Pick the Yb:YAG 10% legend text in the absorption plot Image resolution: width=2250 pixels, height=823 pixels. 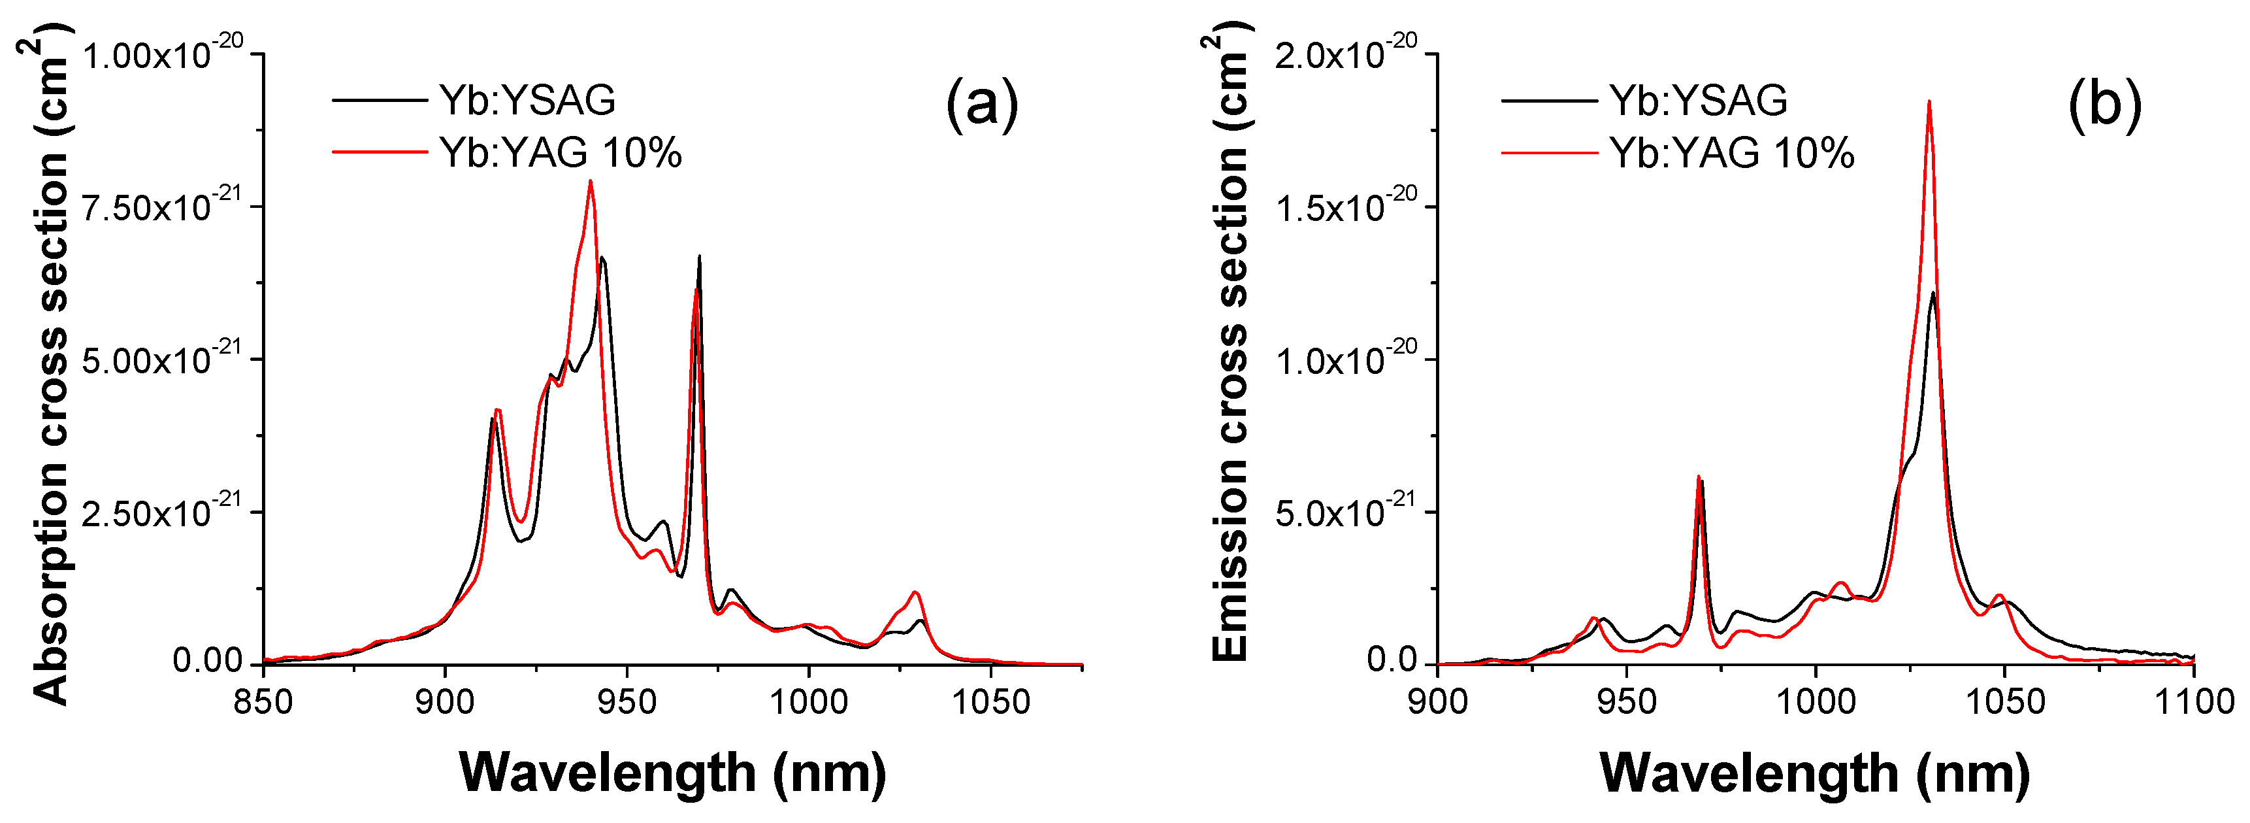pos(560,153)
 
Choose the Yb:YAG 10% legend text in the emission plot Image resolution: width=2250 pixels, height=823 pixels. pos(1732,153)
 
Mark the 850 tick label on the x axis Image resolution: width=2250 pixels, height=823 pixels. pos(263,701)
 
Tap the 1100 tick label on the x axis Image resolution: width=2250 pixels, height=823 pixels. pos(2194,701)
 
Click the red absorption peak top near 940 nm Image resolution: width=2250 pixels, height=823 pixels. pos(591,182)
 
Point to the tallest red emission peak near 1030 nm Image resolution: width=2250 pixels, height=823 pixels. pos(1929,102)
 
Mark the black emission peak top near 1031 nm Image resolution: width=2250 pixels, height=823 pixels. pos(1934,294)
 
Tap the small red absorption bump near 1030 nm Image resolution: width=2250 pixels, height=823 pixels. pos(915,593)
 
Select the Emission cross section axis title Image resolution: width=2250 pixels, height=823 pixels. pos(1230,350)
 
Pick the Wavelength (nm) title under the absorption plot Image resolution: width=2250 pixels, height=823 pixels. pos(672,772)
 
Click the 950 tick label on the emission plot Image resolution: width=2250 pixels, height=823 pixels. pos(1626,701)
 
